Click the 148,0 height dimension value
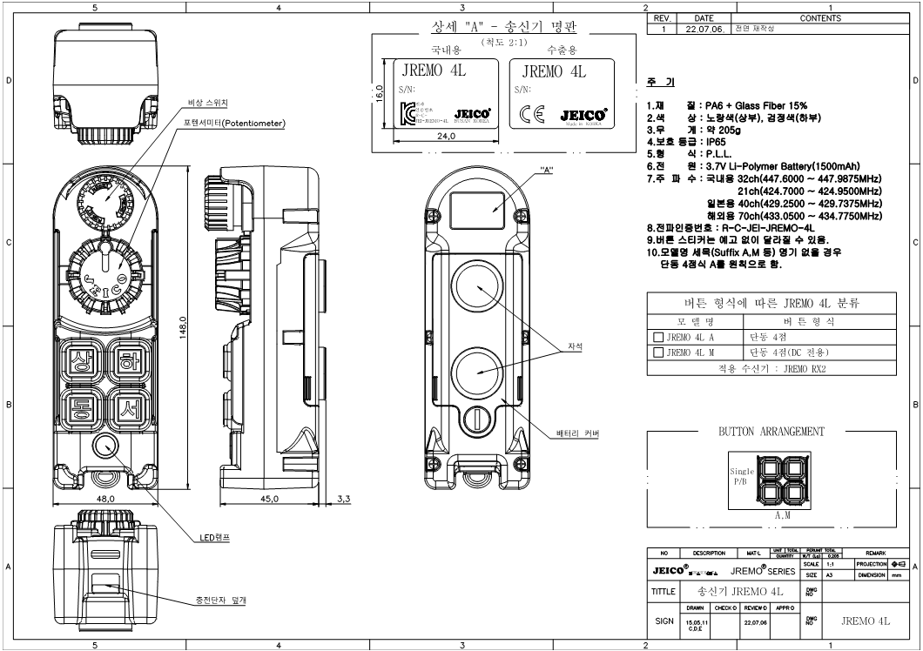click(184, 329)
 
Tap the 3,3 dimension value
click(342, 499)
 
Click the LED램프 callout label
click(212, 538)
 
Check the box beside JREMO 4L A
click(658, 336)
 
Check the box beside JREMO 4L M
click(658, 352)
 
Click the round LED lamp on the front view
click(105, 446)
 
